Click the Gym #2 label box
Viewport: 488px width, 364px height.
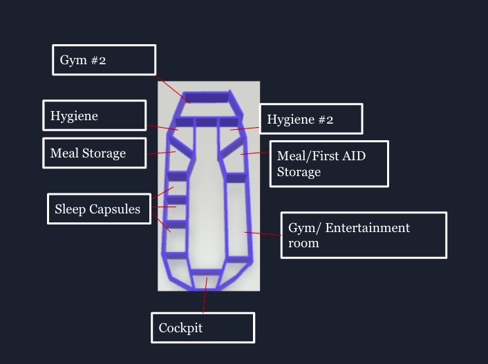104,60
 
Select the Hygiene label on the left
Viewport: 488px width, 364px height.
94,115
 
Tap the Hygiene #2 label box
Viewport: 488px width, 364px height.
310,119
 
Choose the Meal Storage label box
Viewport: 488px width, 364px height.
94,153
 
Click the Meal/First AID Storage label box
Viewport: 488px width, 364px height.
328,164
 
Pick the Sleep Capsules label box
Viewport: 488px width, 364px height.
98,209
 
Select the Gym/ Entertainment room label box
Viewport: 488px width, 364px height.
363,235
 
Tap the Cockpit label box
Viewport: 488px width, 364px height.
203,327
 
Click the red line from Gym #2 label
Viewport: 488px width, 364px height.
173,89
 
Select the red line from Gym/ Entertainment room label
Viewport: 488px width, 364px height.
263,234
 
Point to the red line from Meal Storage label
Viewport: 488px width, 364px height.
161,153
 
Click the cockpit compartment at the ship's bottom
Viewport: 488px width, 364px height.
206,280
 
